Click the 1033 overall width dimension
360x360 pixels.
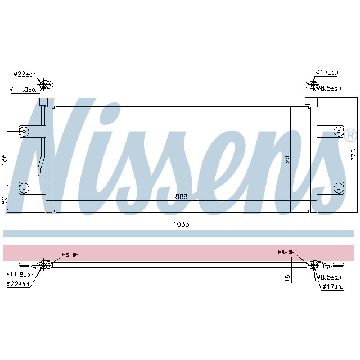point(181,224)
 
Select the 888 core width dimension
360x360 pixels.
point(181,196)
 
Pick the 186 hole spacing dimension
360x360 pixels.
point(4,159)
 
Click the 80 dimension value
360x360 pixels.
point(4,200)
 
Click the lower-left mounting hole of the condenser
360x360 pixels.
point(24,187)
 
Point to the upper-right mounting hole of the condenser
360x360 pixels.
point(338,132)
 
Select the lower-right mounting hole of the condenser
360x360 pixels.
point(338,187)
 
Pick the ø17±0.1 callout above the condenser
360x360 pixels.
point(327,73)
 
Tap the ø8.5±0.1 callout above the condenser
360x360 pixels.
point(329,88)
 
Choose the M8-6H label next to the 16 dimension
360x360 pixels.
point(286,252)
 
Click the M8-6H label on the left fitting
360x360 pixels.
point(70,255)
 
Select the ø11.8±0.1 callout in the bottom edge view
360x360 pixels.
point(20,274)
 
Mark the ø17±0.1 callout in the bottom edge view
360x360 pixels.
point(334,287)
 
